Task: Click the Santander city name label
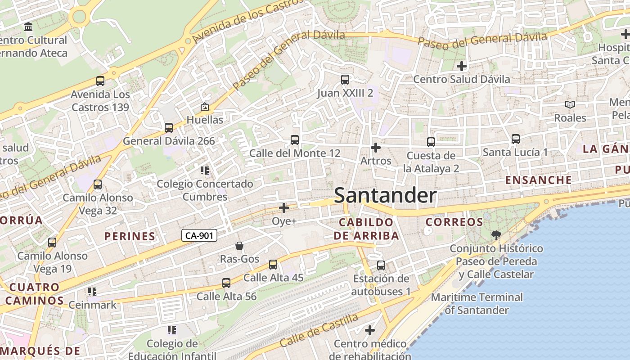[x=385, y=196]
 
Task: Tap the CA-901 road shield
[x=199, y=235]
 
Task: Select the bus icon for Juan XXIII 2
[x=345, y=80]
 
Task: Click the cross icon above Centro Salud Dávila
[x=461, y=66]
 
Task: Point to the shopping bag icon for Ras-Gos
[x=239, y=246]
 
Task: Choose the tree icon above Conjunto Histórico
[x=496, y=235]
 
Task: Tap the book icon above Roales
[x=570, y=105]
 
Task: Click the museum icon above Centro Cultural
[x=29, y=27]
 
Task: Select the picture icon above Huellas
[x=205, y=107]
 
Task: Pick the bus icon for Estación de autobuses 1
[x=381, y=265]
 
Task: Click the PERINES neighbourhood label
[x=130, y=236]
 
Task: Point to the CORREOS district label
[x=454, y=222]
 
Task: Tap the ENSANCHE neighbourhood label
[x=538, y=180]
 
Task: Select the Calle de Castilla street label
[x=319, y=330]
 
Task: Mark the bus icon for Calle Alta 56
[x=226, y=283]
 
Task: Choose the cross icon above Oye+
[x=284, y=208]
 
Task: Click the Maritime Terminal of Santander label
[x=477, y=304]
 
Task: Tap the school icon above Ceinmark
[x=92, y=292]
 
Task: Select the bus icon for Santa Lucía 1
[x=516, y=139]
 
